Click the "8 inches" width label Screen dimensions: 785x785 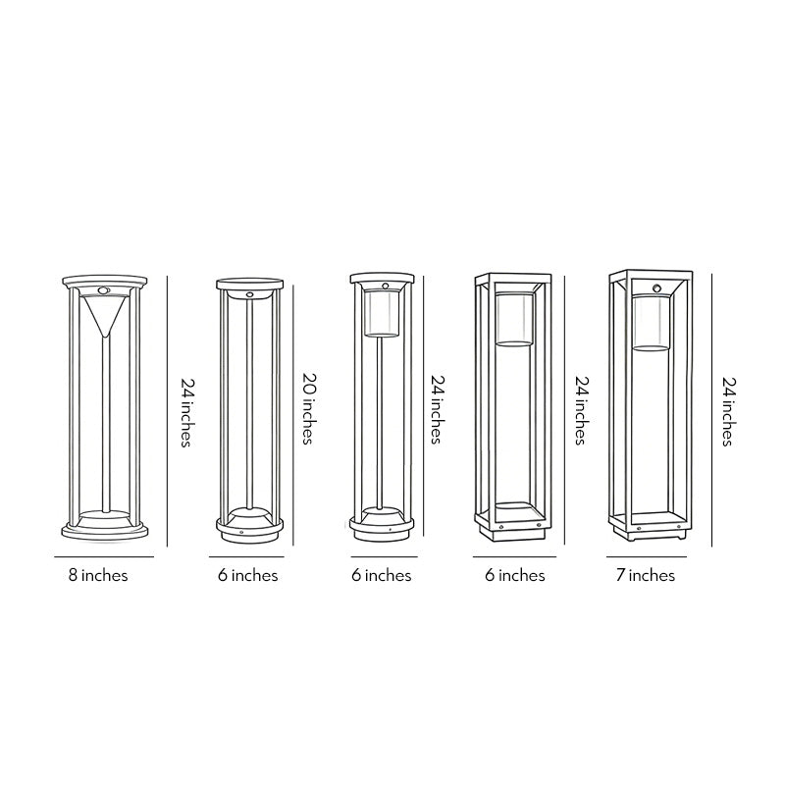click(x=98, y=575)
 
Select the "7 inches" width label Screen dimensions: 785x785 click(x=645, y=575)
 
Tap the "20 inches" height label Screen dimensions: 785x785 click(x=306, y=410)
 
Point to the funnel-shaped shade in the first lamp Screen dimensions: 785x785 click(x=103, y=316)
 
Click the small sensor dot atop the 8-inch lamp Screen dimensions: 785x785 click(x=103, y=291)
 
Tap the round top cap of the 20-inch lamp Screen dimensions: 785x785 click(x=248, y=285)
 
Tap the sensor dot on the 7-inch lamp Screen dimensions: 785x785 click(x=655, y=288)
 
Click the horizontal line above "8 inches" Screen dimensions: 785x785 click(x=98, y=557)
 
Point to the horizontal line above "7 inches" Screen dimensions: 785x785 click(x=645, y=557)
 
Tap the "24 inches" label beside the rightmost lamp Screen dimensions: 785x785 click(x=727, y=410)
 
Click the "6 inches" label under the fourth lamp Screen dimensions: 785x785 click(x=514, y=575)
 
